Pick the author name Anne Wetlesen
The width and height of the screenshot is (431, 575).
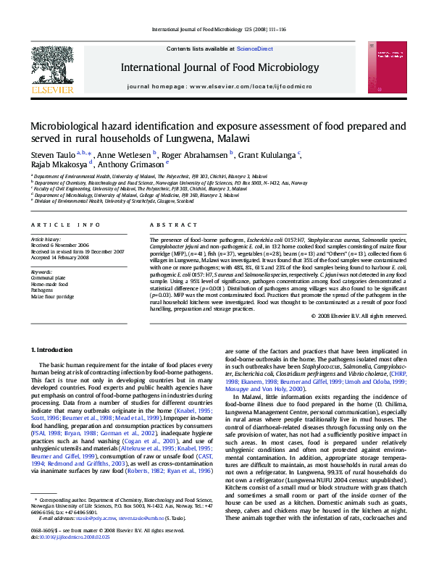(x=124, y=155)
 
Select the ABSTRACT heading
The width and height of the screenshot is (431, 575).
(x=164, y=225)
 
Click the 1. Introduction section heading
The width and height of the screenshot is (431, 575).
(x=53, y=350)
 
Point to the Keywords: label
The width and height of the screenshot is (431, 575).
(x=41, y=272)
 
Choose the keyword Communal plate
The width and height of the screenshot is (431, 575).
(x=47, y=277)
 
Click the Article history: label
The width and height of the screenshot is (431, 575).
(x=46, y=238)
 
